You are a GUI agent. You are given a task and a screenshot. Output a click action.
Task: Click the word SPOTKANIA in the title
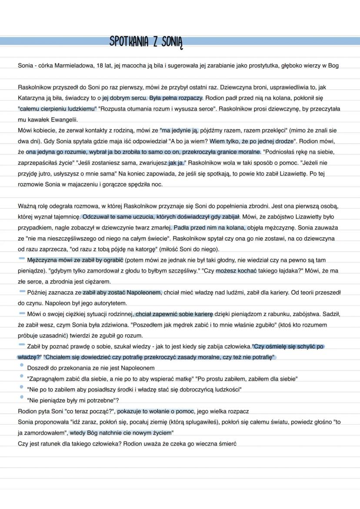click(129, 42)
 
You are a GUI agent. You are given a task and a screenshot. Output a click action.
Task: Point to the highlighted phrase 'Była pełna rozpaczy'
click(176, 98)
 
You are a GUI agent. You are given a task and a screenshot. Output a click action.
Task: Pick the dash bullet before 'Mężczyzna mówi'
click(21, 259)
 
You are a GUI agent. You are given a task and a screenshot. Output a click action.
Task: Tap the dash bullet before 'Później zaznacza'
click(21, 291)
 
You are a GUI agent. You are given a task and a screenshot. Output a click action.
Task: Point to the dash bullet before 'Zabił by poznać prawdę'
click(21, 345)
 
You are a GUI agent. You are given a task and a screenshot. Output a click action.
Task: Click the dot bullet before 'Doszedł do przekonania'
click(21, 366)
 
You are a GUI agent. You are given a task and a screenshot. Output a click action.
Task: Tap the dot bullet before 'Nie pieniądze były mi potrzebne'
click(21, 397)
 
